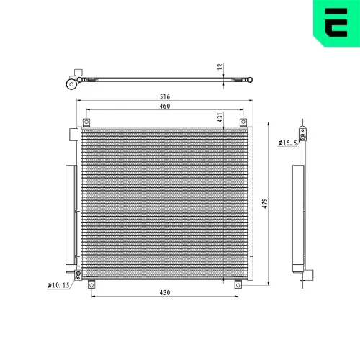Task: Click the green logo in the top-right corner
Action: coord(335,22)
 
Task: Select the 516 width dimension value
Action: coord(164,96)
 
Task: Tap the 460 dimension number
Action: coord(164,107)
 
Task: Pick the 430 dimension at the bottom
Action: coord(164,292)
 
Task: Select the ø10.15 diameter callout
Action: coord(58,286)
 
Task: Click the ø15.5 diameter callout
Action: coord(288,143)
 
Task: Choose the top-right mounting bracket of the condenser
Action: coord(243,121)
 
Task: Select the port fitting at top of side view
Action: coord(303,135)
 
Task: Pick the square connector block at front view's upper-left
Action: coord(72,135)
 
